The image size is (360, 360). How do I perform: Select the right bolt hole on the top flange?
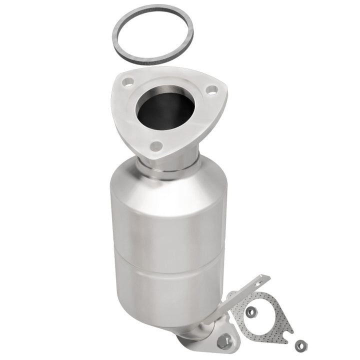pos(212,90)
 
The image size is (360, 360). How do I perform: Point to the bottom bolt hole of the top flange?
pos(156,145)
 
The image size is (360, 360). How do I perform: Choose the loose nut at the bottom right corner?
pos(300,344)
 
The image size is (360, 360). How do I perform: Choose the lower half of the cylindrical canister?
pos(165,285)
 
